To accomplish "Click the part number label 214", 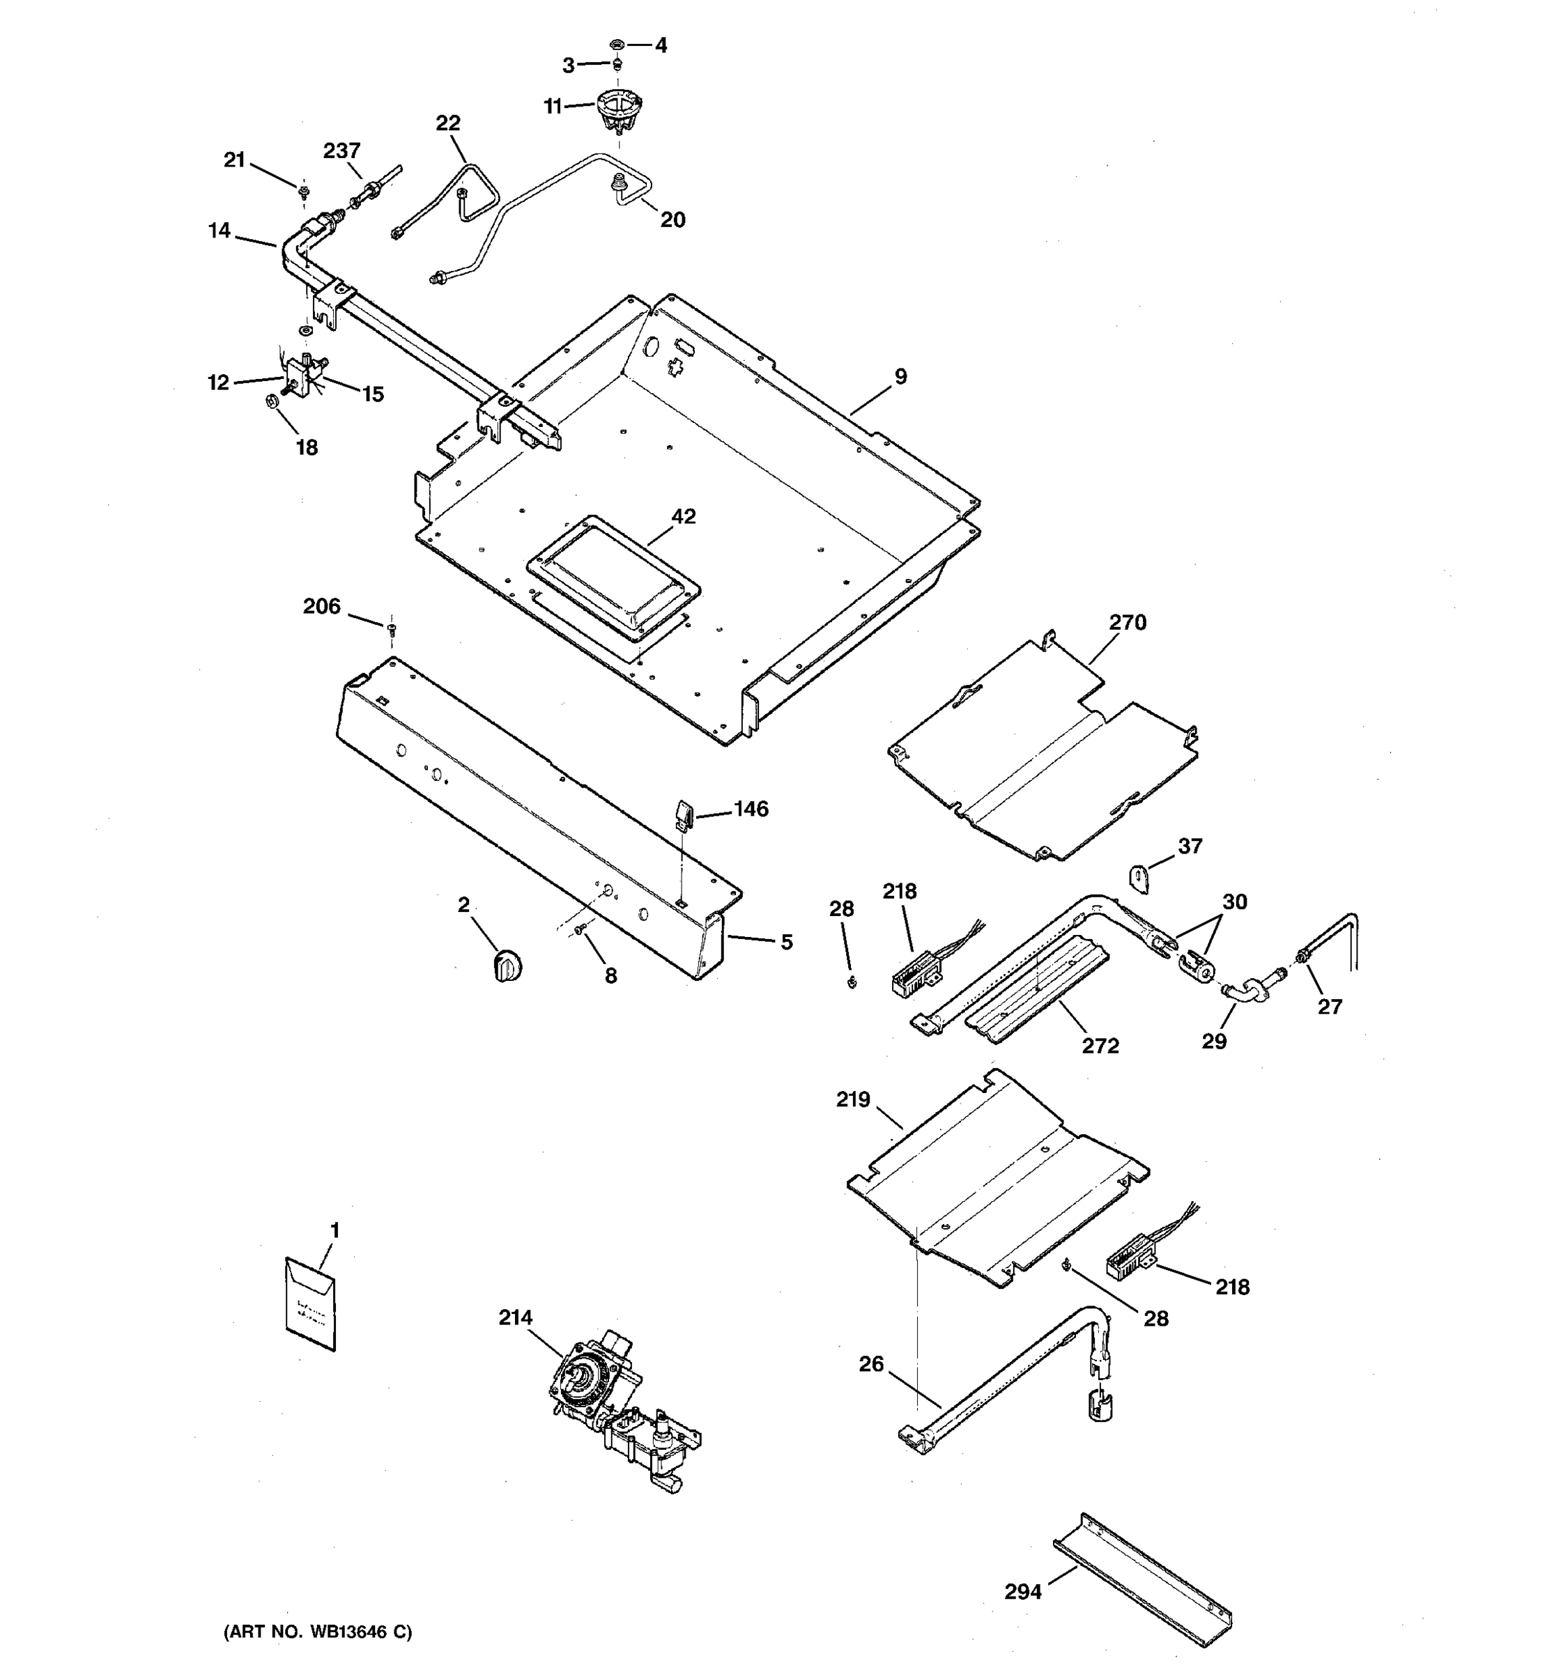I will (515, 1318).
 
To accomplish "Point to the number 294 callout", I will (1023, 1591).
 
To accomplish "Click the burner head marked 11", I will (619, 110).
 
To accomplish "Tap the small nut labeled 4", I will (617, 43).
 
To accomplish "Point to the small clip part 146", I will (683, 814).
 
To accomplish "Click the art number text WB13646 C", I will (318, 1632).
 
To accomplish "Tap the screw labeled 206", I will (391, 628).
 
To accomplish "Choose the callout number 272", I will (1100, 1046).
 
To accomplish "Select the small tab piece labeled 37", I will (1138, 880).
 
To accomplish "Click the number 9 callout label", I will (901, 377).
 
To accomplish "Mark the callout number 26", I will (872, 1363).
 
